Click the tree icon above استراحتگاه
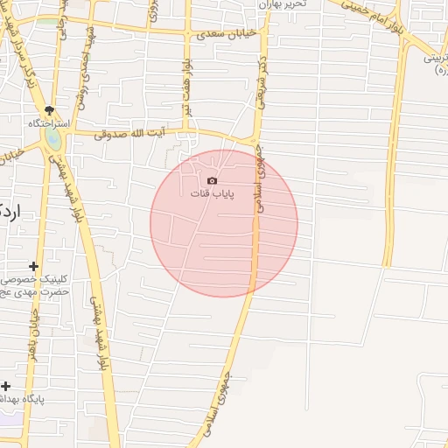(50, 110)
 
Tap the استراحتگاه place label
(49, 124)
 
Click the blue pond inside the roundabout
(53, 139)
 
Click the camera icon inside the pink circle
(213, 179)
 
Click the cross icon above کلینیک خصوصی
(34, 266)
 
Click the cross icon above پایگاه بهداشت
(6, 386)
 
